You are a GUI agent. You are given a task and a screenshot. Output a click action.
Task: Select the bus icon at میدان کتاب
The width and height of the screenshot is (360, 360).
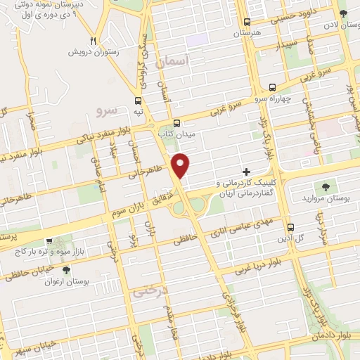pos(176,121)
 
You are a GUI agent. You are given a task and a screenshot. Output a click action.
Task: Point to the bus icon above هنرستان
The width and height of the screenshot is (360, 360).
pos(246,22)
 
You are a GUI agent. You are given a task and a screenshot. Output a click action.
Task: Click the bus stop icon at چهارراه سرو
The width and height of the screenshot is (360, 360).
pos(272,87)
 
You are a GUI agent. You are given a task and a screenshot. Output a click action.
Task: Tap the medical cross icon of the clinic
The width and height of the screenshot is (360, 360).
pos(246,172)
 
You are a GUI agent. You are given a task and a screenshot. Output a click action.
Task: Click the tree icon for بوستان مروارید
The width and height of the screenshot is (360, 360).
pos(325,186)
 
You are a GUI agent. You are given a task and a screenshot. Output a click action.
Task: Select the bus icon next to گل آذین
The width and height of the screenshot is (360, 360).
pos(290,227)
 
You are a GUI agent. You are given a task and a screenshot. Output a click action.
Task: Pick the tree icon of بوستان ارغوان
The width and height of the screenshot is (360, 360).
pos(65,270)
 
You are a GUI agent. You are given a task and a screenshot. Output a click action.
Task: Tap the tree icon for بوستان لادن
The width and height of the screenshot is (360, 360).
pos(342,14)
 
